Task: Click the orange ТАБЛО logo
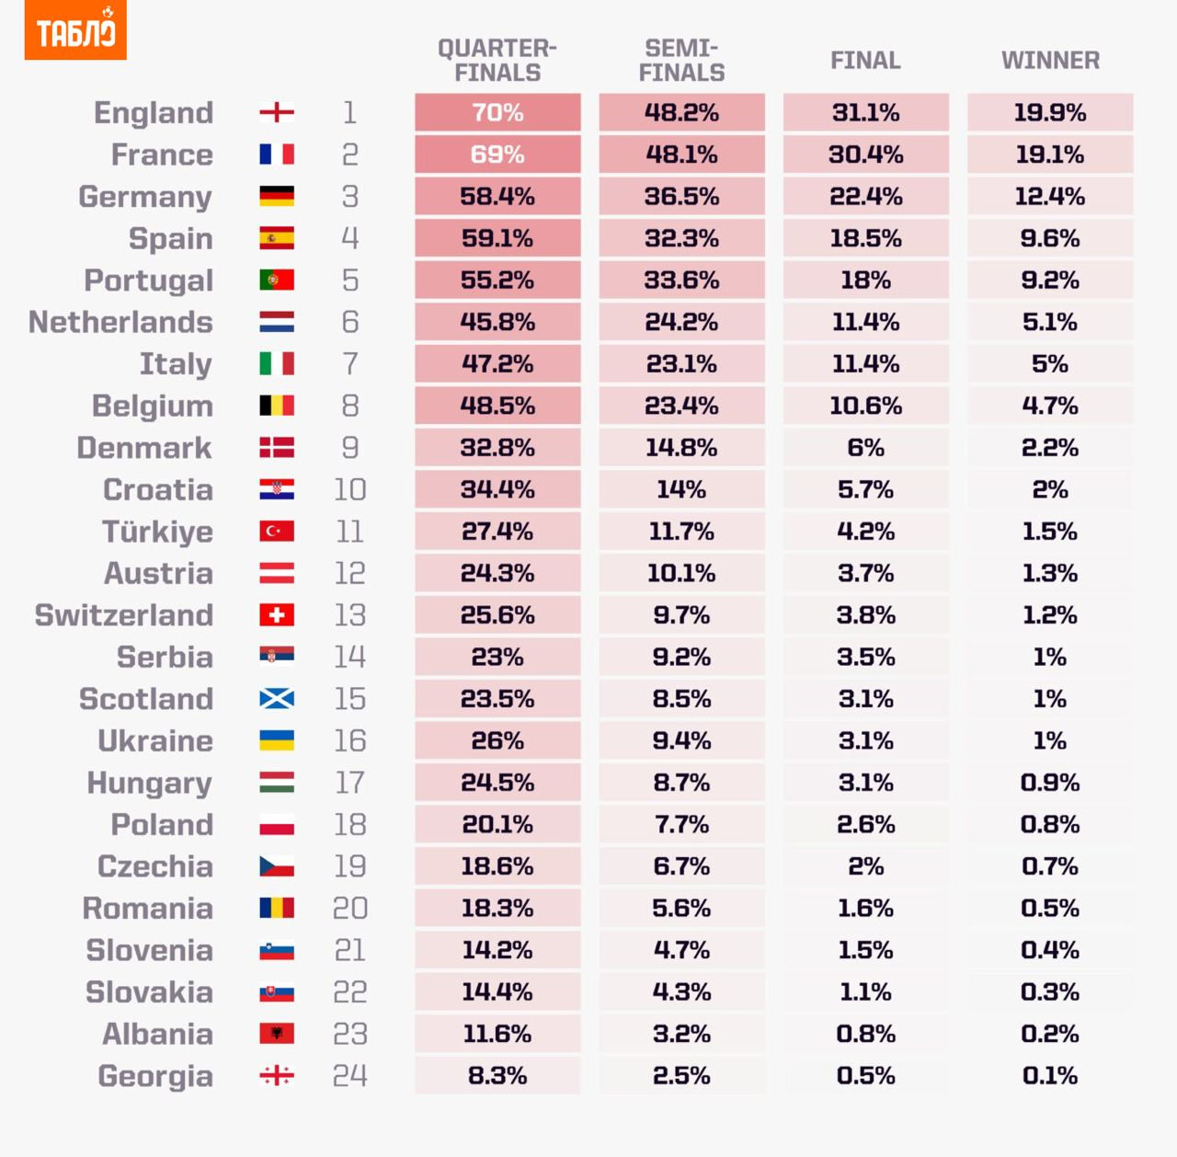(75, 31)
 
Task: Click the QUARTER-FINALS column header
(497, 61)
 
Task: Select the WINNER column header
(1050, 61)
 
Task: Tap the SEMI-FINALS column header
(681, 61)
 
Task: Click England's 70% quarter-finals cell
(497, 112)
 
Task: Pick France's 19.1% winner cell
(1050, 155)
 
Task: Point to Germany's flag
(277, 197)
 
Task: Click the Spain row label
(171, 238)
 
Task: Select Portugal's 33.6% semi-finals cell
(681, 281)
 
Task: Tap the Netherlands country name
(121, 322)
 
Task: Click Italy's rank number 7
(350, 364)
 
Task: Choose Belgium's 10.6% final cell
(866, 406)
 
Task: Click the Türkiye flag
(277, 532)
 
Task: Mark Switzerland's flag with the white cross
(277, 615)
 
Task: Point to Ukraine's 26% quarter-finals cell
(497, 740)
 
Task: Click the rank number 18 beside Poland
(350, 824)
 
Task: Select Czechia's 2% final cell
(866, 866)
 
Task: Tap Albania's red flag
(277, 1034)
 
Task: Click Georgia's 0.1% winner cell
(1050, 1075)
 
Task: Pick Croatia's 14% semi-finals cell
(681, 489)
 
